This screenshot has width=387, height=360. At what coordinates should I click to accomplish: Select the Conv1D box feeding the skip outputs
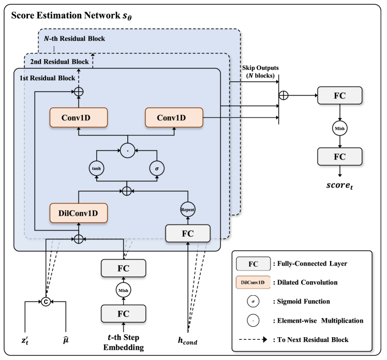(173, 118)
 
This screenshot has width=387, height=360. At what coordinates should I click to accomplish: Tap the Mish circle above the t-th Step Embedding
(124, 291)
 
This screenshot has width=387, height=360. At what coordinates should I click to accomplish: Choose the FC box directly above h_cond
(187, 234)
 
